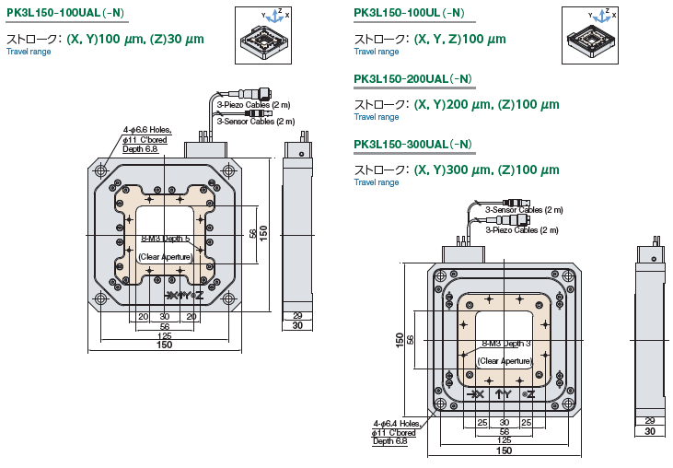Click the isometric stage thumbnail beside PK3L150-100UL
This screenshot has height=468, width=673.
[x=598, y=36]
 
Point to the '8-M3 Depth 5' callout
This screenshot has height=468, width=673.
[x=165, y=239]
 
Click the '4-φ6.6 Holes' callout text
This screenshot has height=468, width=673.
[x=151, y=130]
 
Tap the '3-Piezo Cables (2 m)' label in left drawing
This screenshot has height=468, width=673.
[x=253, y=105]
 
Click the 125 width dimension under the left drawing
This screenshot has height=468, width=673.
[x=165, y=336]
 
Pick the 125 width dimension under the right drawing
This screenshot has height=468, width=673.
[x=505, y=440]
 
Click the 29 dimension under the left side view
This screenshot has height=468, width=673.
[x=296, y=316]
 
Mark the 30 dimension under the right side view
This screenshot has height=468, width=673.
[x=650, y=431]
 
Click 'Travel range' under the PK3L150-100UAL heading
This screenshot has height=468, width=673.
[x=29, y=52]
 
